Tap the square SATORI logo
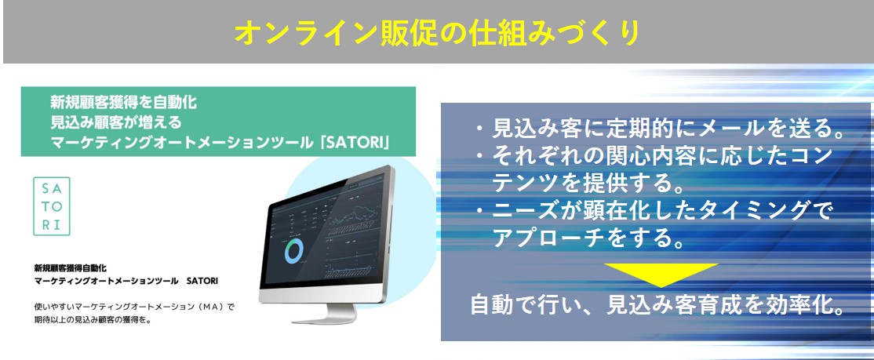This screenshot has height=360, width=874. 52,206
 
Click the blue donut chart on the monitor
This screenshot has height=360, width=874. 293,251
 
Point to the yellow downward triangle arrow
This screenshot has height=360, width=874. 661,275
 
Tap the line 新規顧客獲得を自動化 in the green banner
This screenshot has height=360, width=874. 124,102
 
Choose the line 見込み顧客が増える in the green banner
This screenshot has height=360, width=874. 116,122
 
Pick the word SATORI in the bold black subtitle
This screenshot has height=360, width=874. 203,282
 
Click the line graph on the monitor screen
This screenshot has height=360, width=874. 353,214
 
